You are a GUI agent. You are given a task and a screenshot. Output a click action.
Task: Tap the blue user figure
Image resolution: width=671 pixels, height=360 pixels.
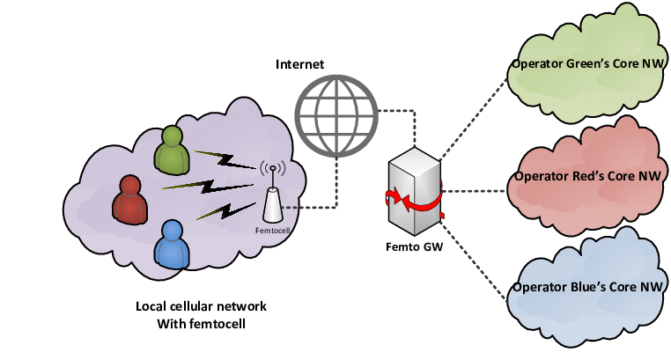tap(172, 244)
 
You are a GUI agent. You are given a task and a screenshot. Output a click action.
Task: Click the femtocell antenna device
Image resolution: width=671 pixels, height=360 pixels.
tap(272, 198)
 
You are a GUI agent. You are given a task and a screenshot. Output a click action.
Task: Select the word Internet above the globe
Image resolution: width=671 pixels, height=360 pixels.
tap(300, 64)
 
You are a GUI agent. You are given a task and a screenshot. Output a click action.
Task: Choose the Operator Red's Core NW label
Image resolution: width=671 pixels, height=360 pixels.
tap(587, 176)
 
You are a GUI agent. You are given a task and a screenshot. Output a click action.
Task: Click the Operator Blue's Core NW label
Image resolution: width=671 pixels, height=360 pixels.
tap(587, 288)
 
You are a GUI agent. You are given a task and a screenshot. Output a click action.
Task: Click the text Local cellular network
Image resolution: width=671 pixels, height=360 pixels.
tap(201, 306)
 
